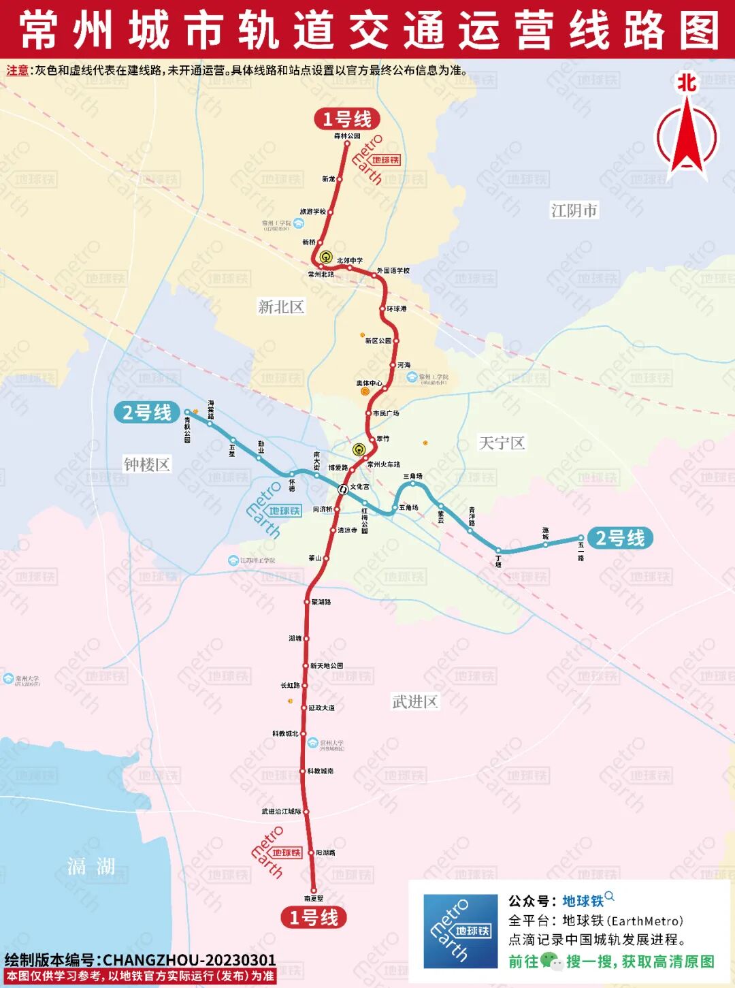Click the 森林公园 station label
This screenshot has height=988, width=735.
pyautogui.click(x=347, y=136)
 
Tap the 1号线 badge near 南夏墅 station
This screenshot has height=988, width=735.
pyautogui.click(x=314, y=917)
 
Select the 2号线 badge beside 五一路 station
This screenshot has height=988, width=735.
pyautogui.click(x=620, y=538)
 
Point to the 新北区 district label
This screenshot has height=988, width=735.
pyautogui.click(x=280, y=307)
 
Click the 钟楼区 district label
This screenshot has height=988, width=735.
pyautogui.click(x=146, y=465)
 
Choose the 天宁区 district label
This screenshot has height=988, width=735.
pyautogui.click(x=502, y=443)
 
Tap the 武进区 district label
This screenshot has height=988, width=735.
pyautogui.click(x=414, y=701)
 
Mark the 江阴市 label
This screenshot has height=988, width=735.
pyautogui.click(x=574, y=210)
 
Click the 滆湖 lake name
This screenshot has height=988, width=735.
pyautogui.click(x=91, y=866)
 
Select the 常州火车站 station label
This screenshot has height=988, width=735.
pyautogui.click(x=383, y=464)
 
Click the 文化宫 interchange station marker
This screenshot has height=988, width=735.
pyautogui.click(x=343, y=489)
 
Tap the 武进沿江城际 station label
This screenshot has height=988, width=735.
pyautogui.click(x=281, y=812)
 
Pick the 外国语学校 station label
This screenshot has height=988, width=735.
pyautogui.click(x=393, y=270)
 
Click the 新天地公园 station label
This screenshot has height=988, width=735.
pyautogui.click(x=327, y=665)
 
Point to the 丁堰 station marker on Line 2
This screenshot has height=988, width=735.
pyautogui.click(x=498, y=550)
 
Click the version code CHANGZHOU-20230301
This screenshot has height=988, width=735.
pyautogui.click(x=189, y=960)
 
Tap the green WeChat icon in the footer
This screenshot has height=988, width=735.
pyautogui.click(x=551, y=961)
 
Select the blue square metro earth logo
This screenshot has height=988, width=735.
pyautogui.click(x=460, y=931)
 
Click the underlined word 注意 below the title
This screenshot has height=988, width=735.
pyautogui.click(x=18, y=70)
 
